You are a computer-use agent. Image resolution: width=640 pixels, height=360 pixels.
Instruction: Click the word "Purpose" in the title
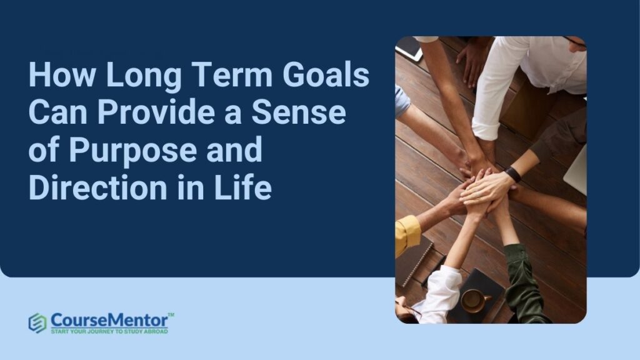[124, 152]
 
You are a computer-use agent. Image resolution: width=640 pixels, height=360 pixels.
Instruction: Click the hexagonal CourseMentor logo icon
[37, 322]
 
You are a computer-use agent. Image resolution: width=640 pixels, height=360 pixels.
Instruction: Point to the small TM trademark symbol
[171, 313]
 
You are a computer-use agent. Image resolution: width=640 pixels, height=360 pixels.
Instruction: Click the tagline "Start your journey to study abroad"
[109, 331]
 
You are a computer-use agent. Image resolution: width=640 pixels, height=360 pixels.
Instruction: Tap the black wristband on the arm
[513, 174]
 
